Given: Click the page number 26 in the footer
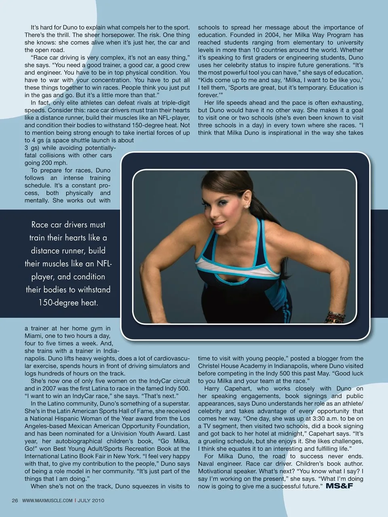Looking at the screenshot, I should (15, 500).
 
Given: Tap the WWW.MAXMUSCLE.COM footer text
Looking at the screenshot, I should (47, 500).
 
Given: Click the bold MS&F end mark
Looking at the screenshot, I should (339, 486).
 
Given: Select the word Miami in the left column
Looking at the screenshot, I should (34, 336).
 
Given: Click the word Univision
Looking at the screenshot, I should (138, 433).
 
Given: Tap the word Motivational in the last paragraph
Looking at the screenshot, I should (216, 471).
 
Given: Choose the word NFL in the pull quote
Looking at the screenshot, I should (103, 264).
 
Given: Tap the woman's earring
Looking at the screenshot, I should (246, 206).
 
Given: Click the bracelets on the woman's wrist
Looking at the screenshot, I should (337, 317).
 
